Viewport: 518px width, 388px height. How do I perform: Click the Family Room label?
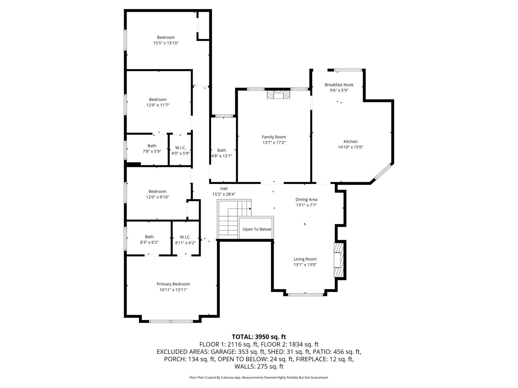tap(274, 137)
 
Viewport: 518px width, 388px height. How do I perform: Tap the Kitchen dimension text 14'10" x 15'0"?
tap(350, 147)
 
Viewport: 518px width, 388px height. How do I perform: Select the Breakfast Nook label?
tap(339, 85)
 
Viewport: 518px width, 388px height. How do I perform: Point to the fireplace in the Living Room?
tap(338, 260)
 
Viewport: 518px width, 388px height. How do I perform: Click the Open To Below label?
tap(257, 229)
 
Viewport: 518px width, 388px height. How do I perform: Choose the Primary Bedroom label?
tap(173, 284)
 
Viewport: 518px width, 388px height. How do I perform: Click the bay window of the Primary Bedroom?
tap(171, 321)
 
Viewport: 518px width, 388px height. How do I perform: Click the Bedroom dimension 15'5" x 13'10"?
tap(166, 43)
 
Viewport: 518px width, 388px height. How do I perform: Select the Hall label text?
tap(224, 189)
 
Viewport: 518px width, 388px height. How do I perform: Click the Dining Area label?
tap(306, 199)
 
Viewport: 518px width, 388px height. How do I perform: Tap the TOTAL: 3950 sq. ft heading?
tap(259, 337)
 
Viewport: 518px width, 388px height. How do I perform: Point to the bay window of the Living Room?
tap(305, 294)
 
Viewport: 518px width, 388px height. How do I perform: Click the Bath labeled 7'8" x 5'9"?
tap(152, 146)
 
